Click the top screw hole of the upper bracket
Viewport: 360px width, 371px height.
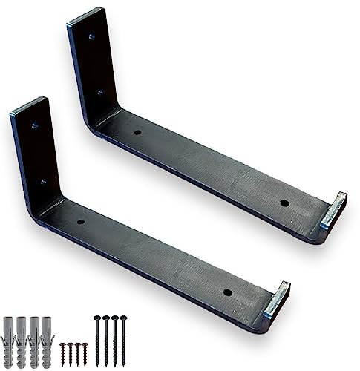point(91,35)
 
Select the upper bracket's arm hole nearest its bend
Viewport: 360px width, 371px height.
point(137,132)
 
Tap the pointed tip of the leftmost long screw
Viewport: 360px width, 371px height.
point(96,363)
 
